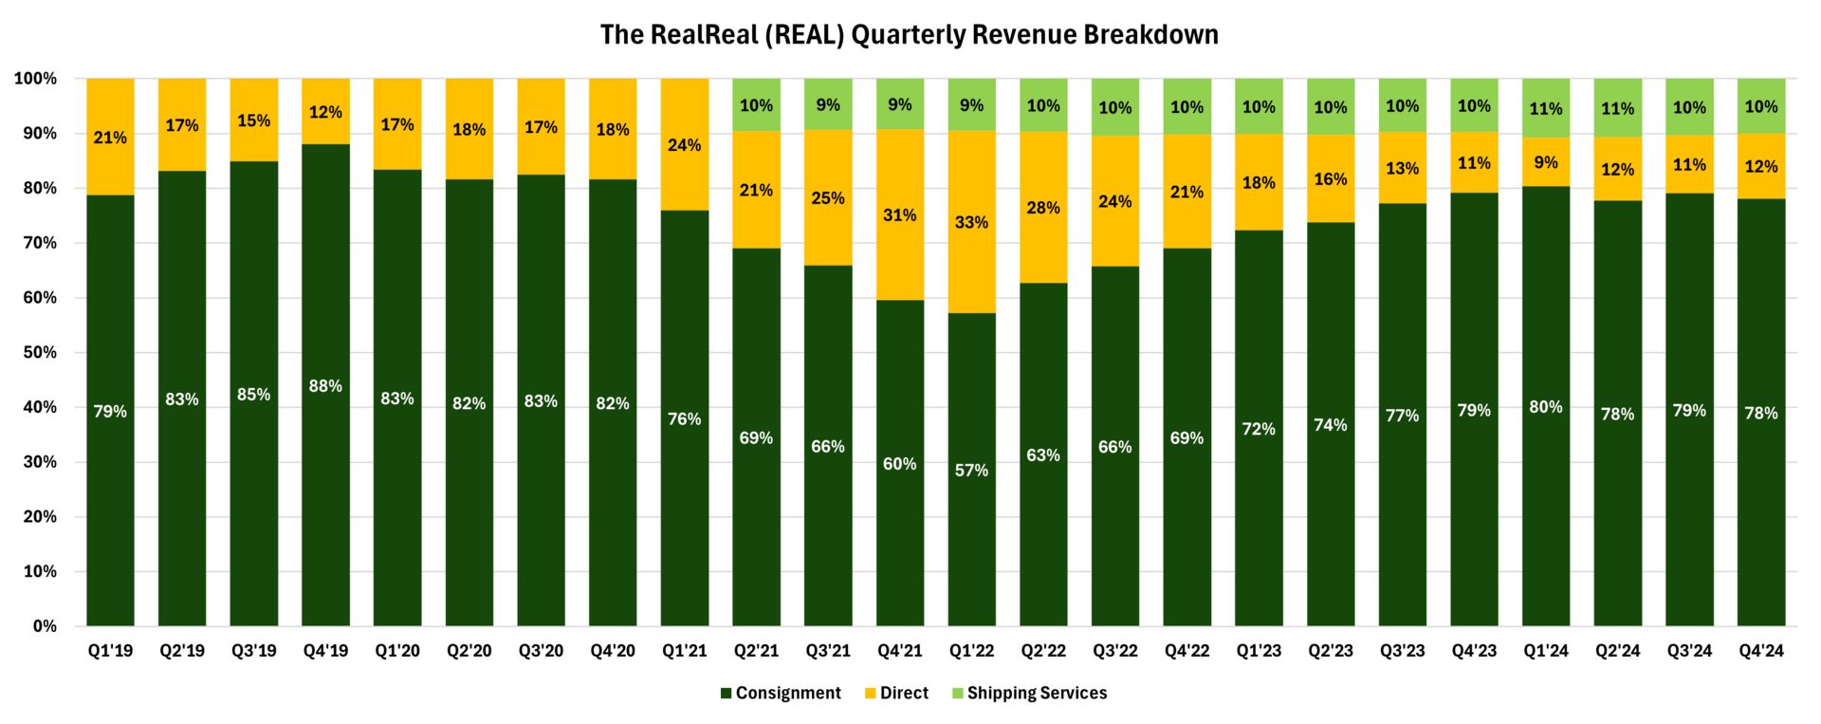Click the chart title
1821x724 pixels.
[x=909, y=35]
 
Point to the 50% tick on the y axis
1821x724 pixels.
[x=38, y=353]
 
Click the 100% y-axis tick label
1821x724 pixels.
[x=35, y=79]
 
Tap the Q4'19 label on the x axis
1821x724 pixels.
[x=325, y=652]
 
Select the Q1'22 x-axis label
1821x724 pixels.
[x=971, y=652]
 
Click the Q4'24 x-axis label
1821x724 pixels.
[x=1761, y=652]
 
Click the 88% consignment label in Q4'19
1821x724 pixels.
[x=325, y=386]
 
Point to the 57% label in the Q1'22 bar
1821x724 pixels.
[x=971, y=471]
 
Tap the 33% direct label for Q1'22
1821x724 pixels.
[x=971, y=223]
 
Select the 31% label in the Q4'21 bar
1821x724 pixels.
[x=899, y=215]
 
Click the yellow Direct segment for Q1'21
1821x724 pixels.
[x=685, y=114]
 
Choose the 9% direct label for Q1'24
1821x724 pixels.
[x=1546, y=162]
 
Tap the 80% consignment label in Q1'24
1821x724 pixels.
[x=1546, y=407]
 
